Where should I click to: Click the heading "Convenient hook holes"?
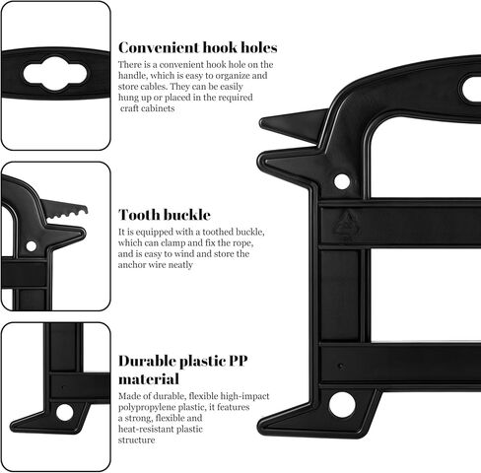click(198, 48)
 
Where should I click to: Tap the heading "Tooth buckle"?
click(165, 215)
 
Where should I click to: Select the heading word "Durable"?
click(148, 361)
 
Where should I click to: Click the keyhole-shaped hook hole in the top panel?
click(55, 74)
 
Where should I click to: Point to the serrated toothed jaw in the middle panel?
click(65, 209)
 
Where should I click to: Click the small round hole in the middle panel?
click(32, 246)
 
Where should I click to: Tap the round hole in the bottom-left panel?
click(64, 413)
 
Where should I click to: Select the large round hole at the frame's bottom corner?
click(342, 405)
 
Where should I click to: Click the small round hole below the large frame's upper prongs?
click(342, 181)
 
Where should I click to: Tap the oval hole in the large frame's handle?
click(472, 89)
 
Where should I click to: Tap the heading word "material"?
click(149, 379)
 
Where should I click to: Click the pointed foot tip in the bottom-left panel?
click(13, 427)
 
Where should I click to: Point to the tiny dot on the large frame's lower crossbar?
click(340, 366)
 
